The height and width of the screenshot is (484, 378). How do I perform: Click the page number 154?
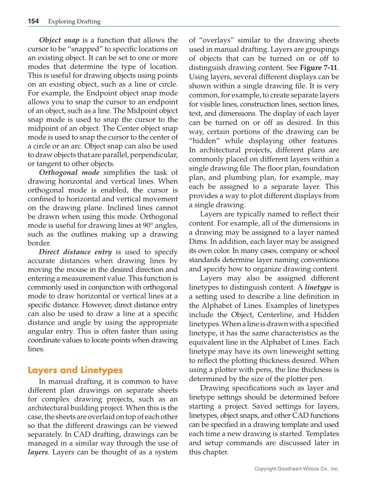pos(33,21)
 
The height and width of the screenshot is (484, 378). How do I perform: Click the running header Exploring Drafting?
pos(74,22)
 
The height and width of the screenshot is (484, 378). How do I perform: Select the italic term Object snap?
pos(59,40)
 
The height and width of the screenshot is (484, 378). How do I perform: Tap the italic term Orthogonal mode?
pos(69,172)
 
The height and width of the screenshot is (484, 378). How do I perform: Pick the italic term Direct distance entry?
pos(75,252)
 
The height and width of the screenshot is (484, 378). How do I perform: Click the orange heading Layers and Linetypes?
pos(75,370)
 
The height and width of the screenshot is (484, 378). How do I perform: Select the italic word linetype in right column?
pos(318,287)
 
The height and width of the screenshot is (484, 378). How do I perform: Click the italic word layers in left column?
pos(38,452)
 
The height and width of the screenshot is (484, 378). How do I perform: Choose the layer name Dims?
pos(198,242)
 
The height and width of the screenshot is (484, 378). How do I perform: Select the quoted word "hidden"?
pos(204,141)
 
